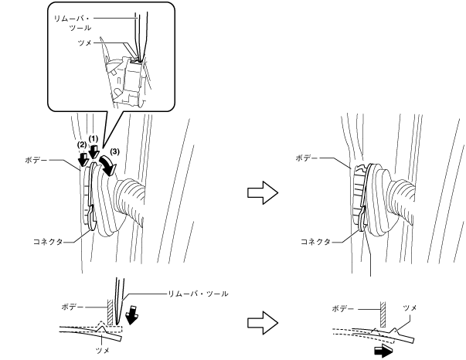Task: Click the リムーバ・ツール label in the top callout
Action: (x=73, y=20)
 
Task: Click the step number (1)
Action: (x=94, y=138)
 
